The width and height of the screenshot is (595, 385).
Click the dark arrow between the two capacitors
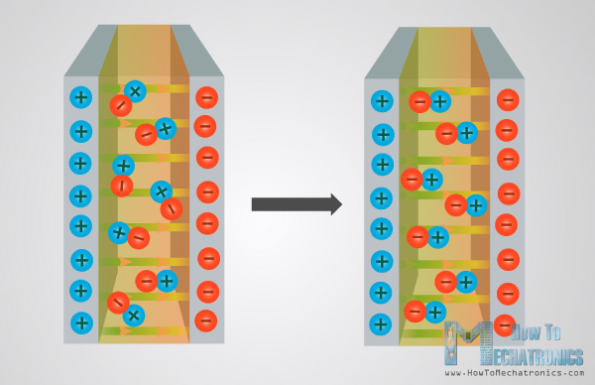pos(296,204)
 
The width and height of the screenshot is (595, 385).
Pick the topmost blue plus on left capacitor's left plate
pos(81,98)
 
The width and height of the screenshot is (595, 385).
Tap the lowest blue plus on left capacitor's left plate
pos(81,322)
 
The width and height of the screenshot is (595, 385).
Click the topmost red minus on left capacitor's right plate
pos(206,97)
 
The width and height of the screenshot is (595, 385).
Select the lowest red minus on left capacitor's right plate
pos(206,321)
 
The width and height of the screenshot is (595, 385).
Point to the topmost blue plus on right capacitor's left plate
pos(382,101)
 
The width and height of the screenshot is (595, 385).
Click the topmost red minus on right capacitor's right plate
pos(508,100)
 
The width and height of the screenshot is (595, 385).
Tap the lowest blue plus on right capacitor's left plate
pos(381,324)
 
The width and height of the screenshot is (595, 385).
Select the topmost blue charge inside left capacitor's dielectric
pos(135,91)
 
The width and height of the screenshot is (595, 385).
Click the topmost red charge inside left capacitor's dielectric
pos(120,105)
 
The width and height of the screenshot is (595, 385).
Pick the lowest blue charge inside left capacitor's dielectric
pos(133,316)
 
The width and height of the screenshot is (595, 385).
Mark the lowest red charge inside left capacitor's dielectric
pos(117,303)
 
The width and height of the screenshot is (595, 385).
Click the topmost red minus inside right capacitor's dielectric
pos(419,101)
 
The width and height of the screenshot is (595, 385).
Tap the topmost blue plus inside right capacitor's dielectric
pos(440,101)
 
